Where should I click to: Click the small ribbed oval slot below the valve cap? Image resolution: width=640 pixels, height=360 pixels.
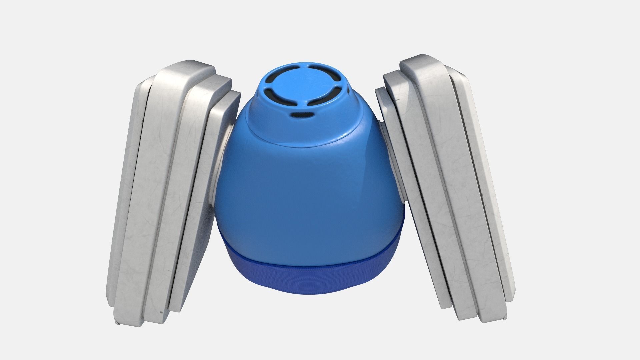pyautogui.click(x=301, y=115)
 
